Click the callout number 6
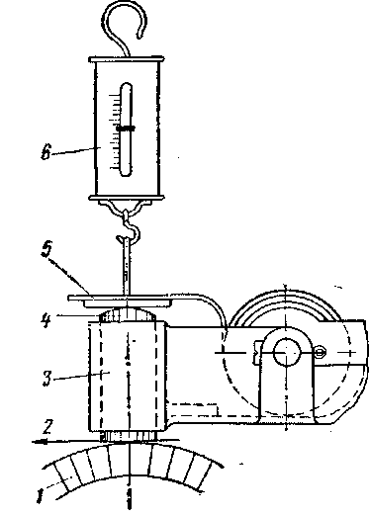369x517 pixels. click(46, 152)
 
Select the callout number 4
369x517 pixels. click(46, 320)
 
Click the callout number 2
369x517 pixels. click(47, 427)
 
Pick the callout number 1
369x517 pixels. click(40, 496)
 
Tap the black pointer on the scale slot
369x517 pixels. click(126, 129)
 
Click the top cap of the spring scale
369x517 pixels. click(127, 59)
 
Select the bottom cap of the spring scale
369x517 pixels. click(127, 198)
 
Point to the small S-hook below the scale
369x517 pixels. click(129, 225)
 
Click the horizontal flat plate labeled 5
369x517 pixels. click(120, 298)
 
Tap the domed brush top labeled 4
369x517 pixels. click(127, 314)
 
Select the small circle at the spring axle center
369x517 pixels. click(286, 353)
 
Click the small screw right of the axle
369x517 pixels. click(321, 352)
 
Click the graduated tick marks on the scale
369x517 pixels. click(116, 131)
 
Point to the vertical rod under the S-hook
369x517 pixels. click(127, 267)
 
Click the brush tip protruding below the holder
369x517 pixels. click(127, 436)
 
